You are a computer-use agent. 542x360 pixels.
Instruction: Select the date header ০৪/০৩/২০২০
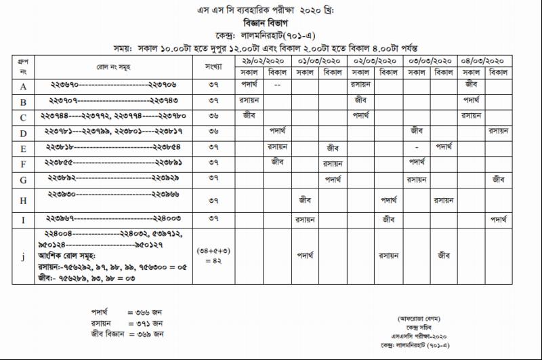pyautogui.click(x=483, y=61)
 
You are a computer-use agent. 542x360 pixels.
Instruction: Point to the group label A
pyautogui.click(x=23, y=86)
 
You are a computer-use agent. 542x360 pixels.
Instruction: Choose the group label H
pyautogui.click(x=23, y=201)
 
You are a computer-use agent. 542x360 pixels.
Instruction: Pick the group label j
pyautogui.click(x=23, y=256)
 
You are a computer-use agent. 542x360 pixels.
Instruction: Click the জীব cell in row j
pyautogui.click(x=444, y=256)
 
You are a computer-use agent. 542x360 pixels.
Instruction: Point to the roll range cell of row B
pyautogui.click(x=112, y=101)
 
